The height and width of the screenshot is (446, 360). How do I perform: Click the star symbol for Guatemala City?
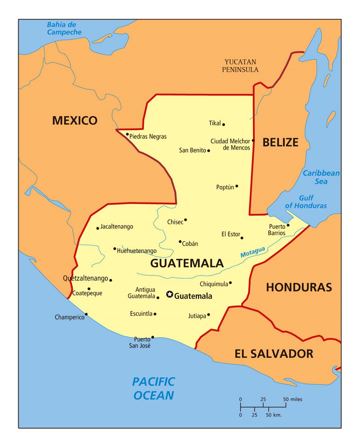point(170,294)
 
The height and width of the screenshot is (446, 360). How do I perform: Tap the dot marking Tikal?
point(223,124)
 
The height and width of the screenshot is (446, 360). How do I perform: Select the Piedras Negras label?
point(148,136)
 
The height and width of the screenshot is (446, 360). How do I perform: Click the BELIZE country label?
point(280,142)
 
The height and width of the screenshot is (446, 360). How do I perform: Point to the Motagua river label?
point(253,252)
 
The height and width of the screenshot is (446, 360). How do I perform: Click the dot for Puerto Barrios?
point(288,225)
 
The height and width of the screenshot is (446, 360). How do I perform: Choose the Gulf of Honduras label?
point(306,202)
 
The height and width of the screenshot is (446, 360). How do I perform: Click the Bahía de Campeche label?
point(64,28)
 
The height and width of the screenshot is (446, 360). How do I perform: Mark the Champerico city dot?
point(86,314)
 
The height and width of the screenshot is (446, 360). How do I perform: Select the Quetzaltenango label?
point(85,278)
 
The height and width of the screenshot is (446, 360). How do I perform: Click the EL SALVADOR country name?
point(274,354)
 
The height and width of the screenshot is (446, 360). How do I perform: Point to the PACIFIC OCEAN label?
point(154,388)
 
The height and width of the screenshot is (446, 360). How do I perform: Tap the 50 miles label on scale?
point(293,399)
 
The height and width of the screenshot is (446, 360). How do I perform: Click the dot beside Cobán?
point(180,242)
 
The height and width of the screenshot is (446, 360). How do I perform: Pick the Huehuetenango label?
point(137,251)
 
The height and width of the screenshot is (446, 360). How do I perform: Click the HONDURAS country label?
point(299,287)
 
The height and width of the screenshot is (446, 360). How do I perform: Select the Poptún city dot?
point(237,186)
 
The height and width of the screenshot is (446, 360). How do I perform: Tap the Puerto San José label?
point(140,342)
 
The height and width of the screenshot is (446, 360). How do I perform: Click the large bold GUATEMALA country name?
point(187,263)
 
